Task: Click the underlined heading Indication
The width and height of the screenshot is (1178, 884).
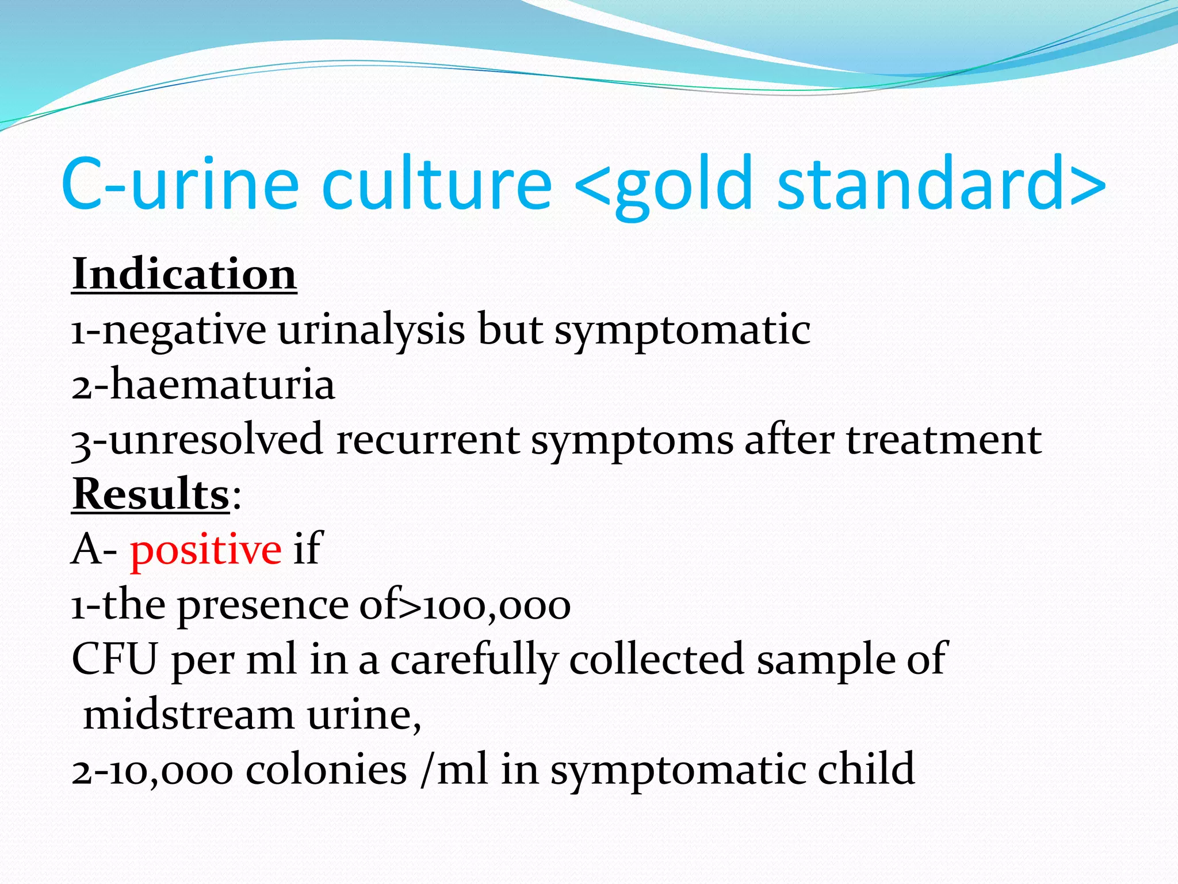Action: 184,275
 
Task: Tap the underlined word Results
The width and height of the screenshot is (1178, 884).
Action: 151,494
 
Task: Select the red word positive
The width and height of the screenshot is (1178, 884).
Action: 205,550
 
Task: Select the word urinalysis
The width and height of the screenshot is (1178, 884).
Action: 372,330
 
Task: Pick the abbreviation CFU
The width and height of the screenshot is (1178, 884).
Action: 114,659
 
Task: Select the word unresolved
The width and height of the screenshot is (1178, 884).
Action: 216,440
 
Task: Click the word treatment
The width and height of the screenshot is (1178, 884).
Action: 943,440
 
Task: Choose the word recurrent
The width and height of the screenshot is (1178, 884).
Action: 428,440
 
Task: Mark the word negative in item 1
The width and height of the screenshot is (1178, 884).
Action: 184,331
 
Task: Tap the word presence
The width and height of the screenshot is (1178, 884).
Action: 262,606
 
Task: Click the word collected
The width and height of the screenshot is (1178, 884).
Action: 656,659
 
